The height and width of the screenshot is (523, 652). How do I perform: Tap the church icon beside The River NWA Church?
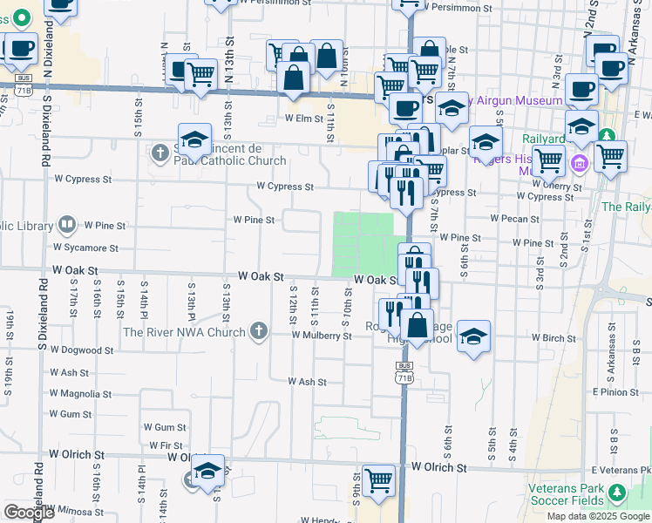[x=258, y=331]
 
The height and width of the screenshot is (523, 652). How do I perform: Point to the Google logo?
[x=29, y=513]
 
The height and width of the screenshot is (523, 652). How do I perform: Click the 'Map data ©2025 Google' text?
[x=599, y=516]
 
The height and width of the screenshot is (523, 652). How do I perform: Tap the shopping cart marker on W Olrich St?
[x=378, y=479]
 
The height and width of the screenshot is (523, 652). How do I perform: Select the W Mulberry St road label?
[x=322, y=336]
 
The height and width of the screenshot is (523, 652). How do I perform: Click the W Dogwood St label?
[x=80, y=350]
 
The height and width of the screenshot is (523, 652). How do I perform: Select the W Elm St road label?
[x=305, y=119]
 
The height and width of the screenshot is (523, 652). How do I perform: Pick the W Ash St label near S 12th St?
[x=307, y=382]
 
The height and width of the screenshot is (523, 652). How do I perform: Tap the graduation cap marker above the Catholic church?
[x=195, y=139]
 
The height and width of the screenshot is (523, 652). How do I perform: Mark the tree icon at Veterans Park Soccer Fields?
[x=616, y=494]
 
